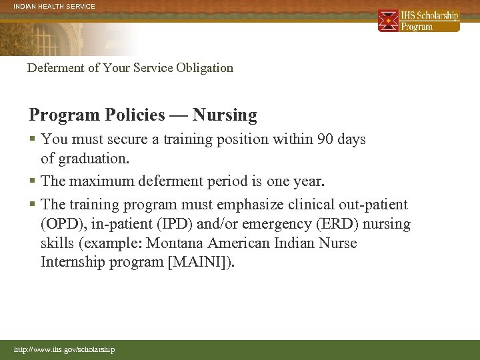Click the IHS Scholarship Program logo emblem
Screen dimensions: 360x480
[x=388, y=21]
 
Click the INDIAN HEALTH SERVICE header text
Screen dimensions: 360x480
[x=51, y=7]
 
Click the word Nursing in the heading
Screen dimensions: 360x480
[x=225, y=115]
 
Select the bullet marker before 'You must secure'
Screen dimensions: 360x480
[x=33, y=140]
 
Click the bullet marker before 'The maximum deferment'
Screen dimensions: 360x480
[x=33, y=181]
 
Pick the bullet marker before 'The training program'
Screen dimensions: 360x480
[x=33, y=205]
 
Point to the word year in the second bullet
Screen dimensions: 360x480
[x=307, y=181]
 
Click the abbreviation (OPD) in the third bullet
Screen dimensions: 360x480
[x=61, y=224]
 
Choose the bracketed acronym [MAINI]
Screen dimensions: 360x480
[x=200, y=262]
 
